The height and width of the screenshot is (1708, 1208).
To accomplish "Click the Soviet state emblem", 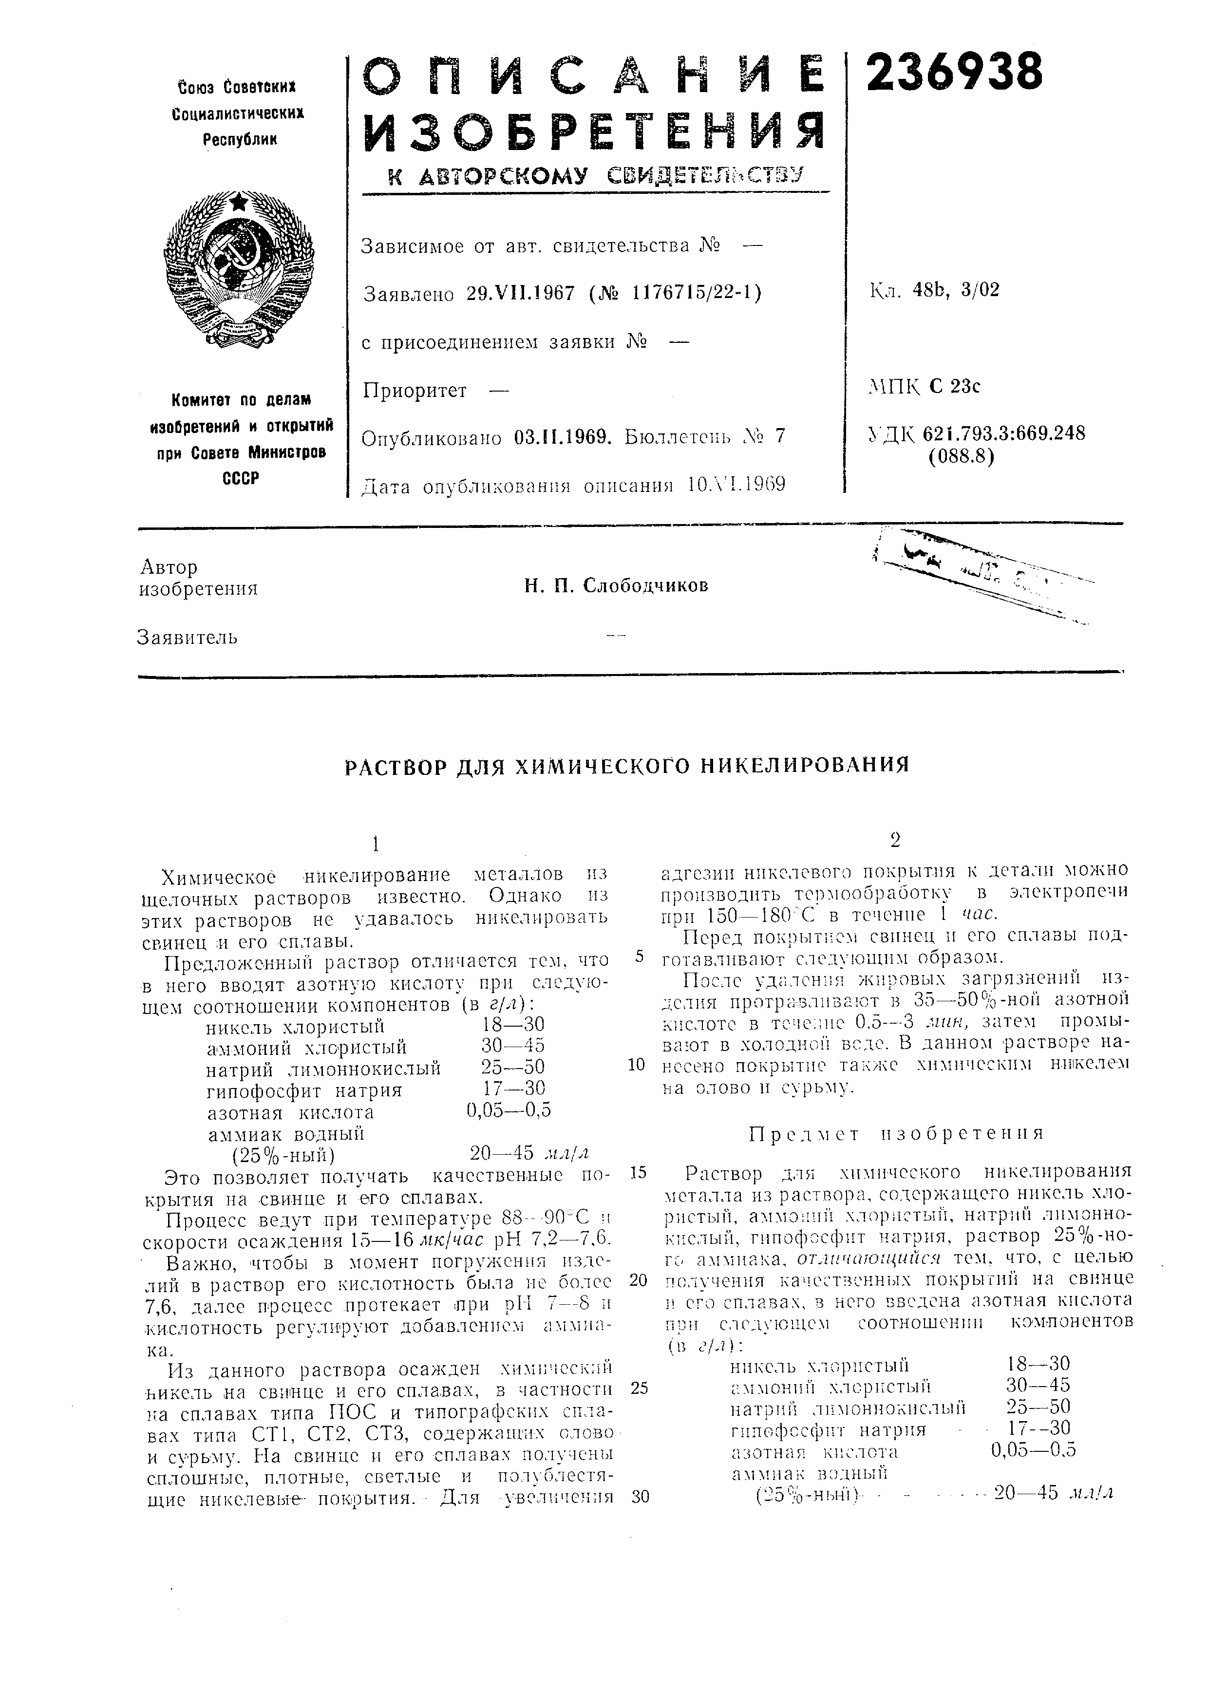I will coord(238,268).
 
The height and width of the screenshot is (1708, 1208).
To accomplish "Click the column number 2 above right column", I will coord(895,841).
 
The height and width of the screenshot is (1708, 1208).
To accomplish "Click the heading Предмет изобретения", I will coord(896,1133).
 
